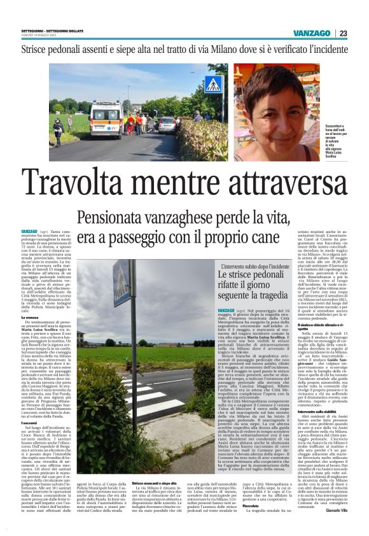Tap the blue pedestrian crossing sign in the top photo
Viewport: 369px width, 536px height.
pyautogui.click(x=212, y=84)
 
